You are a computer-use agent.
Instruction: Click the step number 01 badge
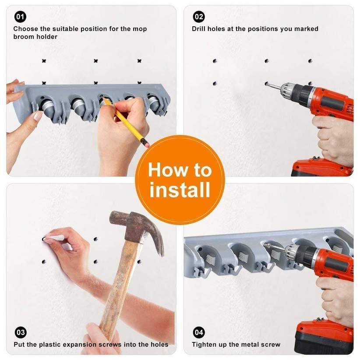(x=20, y=17)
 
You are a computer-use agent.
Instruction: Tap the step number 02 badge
(x=199, y=17)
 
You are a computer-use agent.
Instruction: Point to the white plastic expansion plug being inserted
(x=54, y=238)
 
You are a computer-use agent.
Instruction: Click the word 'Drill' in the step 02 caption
(x=200, y=29)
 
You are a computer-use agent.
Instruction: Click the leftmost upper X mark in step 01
(x=44, y=61)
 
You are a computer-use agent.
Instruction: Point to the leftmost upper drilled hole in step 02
(x=215, y=61)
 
